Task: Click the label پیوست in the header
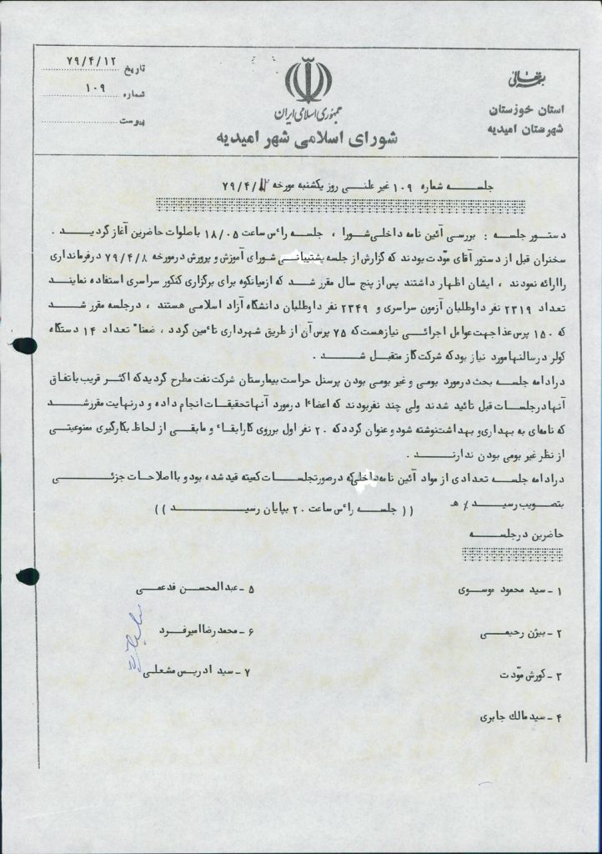click(x=133, y=121)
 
